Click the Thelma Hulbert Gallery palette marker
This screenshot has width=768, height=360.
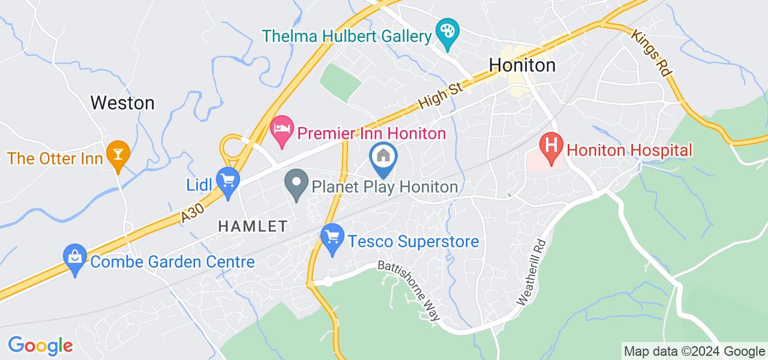pyautogui.click(x=446, y=30)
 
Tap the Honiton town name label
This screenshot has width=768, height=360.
pyautogui.click(x=522, y=65)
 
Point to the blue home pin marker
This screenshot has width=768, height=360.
pyautogui.click(x=383, y=157)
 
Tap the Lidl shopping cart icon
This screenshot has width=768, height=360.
pyautogui.click(x=228, y=179)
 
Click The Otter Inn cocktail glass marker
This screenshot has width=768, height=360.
pyautogui.click(x=116, y=153)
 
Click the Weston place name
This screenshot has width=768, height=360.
pyautogui.click(x=122, y=103)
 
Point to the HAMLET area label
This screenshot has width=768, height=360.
pyautogui.click(x=253, y=226)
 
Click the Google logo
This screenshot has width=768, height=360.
pyautogui.click(x=40, y=346)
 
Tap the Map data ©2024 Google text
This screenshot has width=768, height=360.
pyautogui.click(x=694, y=352)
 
